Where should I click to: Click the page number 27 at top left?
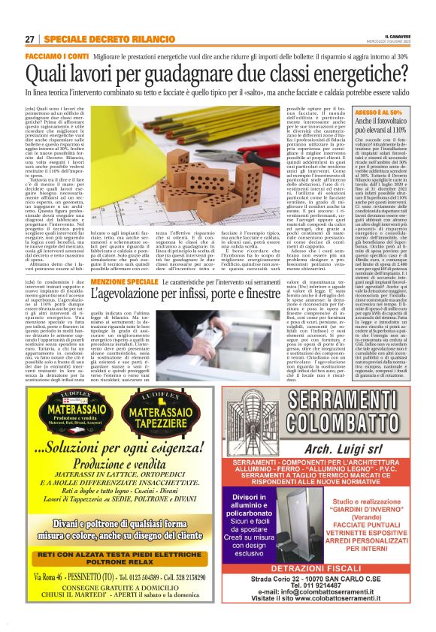click(x=29, y=39)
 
